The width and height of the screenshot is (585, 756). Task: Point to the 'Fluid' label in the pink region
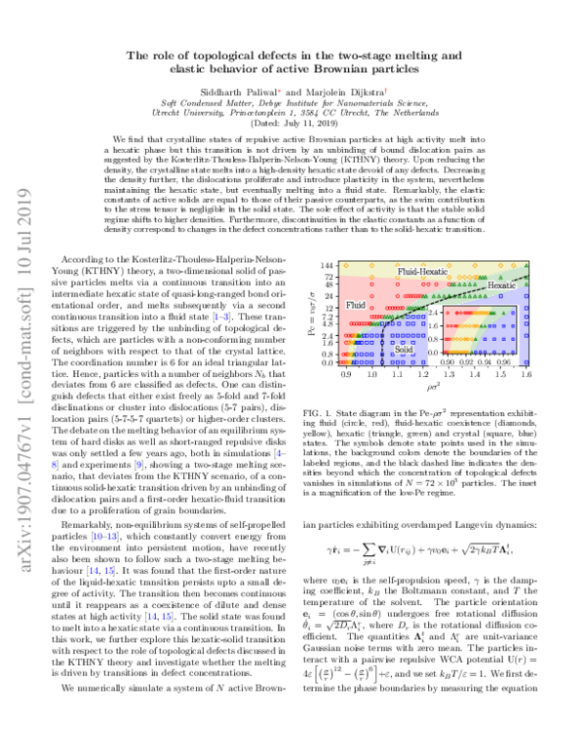356,305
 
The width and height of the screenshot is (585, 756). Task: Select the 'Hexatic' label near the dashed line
502,285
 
